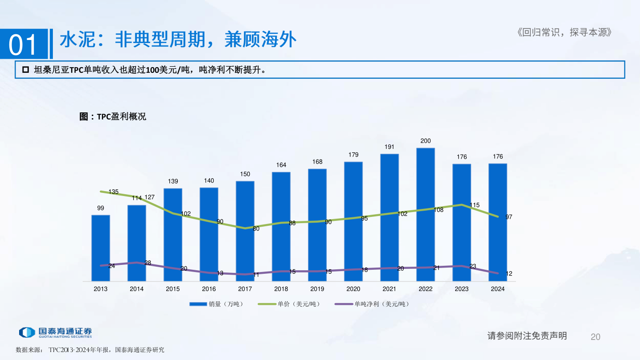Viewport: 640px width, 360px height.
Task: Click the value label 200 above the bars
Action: [425, 141]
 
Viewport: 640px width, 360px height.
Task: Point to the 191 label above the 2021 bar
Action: [389, 147]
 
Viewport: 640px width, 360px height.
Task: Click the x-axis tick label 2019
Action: [317, 289]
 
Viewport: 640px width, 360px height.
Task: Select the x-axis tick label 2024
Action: [497, 289]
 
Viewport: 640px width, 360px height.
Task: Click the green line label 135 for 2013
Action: [113, 192]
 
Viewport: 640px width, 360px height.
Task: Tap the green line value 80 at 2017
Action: [256, 229]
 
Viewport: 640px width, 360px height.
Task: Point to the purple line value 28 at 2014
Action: [148, 263]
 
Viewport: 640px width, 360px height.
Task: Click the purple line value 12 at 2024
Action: [509, 274]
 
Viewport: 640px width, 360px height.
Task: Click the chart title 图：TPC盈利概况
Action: [112, 116]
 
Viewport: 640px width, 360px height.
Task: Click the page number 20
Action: [596, 336]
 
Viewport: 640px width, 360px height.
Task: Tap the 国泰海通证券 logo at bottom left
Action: [55, 332]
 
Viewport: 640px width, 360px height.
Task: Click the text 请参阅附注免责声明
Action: [527, 336]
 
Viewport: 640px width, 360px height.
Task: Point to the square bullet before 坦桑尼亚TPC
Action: [25, 70]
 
